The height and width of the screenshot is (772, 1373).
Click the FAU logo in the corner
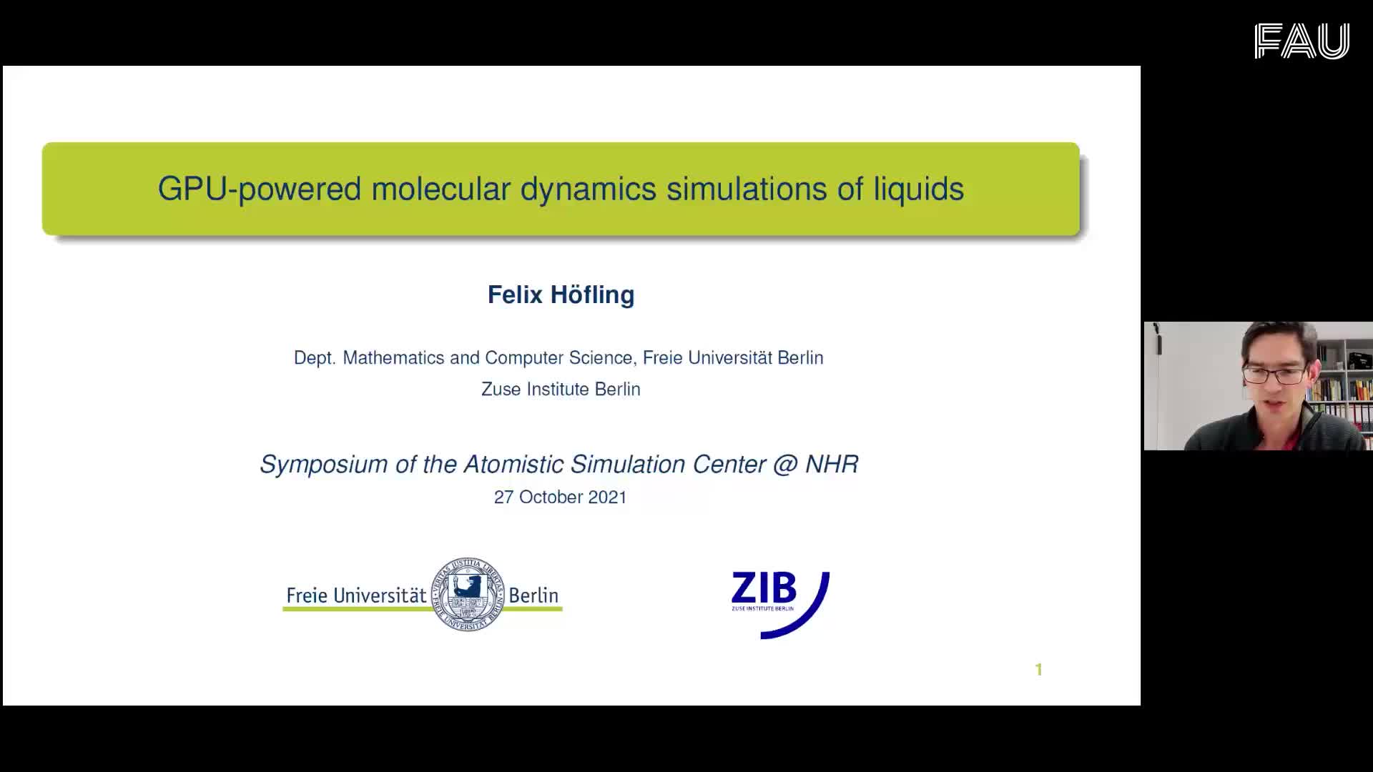[x=1301, y=41]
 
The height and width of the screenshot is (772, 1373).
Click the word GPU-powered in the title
[x=259, y=189]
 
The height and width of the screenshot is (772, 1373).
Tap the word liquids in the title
[x=918, y=189]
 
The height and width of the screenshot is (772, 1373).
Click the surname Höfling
[x=592, y=295]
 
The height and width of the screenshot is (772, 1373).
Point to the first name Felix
[x=515, y=295]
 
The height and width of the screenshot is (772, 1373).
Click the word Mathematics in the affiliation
[x=393, y=357]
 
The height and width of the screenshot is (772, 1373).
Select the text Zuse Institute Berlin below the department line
[x=561, y=389]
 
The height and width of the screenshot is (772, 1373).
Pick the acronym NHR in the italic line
[x=832, y=464]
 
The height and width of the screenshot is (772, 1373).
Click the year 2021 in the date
[x=607, y=498]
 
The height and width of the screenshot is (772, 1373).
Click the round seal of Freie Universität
[x=468, y=594]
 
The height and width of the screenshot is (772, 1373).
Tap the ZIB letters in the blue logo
[x=764, y=588]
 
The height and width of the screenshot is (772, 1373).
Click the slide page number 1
[x=1038, y=670]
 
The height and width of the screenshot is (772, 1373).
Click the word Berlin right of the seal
[x=533, y=595]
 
